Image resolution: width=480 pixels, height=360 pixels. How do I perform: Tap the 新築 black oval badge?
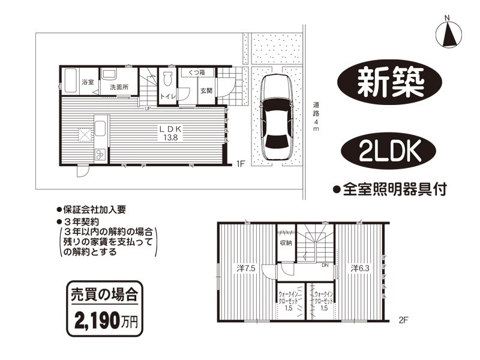click(x=389, y=82)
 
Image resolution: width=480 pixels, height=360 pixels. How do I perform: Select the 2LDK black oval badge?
click(x=388, y=151)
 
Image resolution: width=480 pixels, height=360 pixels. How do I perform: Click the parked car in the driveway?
click(x=276, y=117)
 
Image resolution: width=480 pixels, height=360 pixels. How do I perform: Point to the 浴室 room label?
click(x=88, y=82)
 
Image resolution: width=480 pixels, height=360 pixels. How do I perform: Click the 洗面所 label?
click(x=119, y=87)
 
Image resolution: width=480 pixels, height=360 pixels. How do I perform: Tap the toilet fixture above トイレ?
click(x=167, y=79)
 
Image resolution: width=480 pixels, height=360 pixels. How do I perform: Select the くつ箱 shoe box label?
click(x=197, y=73)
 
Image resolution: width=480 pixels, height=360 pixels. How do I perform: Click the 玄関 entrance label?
click(x=206, y=91)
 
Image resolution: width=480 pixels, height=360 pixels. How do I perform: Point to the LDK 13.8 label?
click(x=170, y=133)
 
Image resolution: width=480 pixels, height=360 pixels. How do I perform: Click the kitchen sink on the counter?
click(x=100, y=128)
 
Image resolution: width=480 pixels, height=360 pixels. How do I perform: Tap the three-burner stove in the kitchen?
click(x=100, y=154)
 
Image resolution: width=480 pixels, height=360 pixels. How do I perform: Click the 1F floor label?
click(x=241, y=164)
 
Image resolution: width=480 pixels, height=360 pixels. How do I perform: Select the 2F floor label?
click(x=404, y=320)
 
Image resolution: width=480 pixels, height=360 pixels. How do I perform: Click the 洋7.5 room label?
click(x=246, y=268)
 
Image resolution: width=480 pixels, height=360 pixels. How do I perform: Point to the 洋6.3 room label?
click(x=360, y=268)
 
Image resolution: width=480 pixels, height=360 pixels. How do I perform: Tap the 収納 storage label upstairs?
click(x=286, y=243)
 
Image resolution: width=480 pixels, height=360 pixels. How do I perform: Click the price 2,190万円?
click(x=106, y=320)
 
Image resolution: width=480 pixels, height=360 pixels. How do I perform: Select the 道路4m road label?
click(x=316, y=116)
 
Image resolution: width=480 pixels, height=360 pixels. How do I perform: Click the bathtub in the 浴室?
click(x=70, y=80)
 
